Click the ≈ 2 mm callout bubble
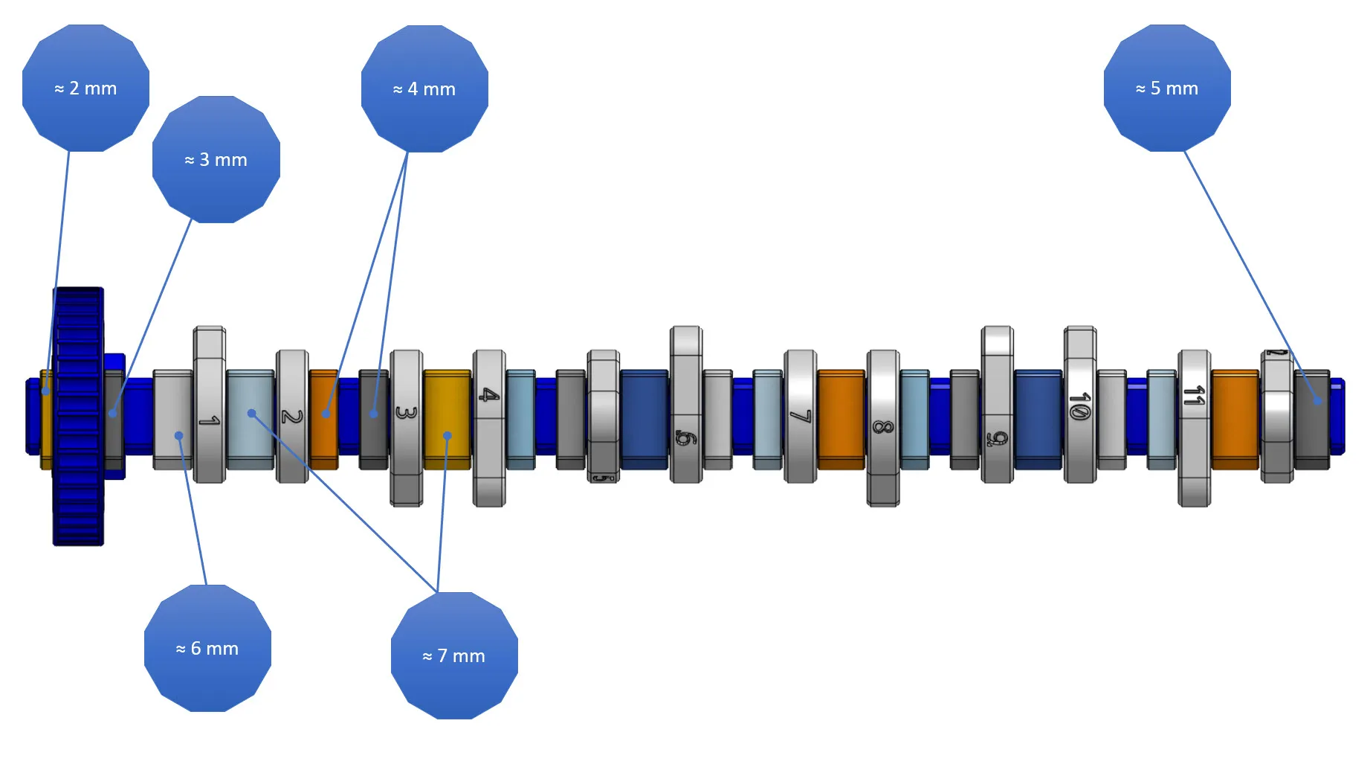[x=85, y=89]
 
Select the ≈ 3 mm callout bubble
[x=216, y=160]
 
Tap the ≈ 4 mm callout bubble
[x=424, y=89]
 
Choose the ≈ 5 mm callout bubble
[x=1167, y=89]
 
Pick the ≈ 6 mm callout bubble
[x=207, y=649]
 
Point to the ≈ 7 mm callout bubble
[x=454, y=656]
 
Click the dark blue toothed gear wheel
[x=78, y=417]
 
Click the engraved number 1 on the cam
[x=209, y=421]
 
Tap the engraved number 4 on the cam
[x=488, y=394]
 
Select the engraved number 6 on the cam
[x=685, y=437]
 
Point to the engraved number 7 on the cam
[x=800, y=416]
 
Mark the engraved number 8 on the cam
[x=882, y=427]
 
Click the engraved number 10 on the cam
[x=1079, y=405]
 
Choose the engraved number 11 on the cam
[x=1194, y=395]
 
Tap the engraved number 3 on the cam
[x=406, y=411]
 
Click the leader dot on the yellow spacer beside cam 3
[x=447, y=436]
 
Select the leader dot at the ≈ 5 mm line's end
[x=1317, y=401]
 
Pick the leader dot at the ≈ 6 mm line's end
[x=179, y=436]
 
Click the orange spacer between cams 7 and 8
[x=841, y=419]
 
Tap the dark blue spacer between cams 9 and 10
[x=1038, y=419]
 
